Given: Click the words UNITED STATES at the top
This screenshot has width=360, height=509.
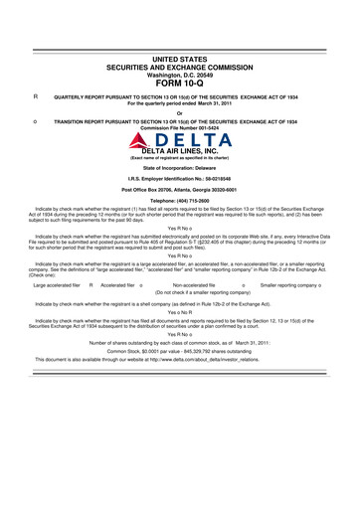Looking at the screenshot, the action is point(180,61).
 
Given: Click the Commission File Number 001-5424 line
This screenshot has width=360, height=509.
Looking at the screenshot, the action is point(180,129).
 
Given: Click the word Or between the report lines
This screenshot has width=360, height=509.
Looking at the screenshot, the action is point(180,111).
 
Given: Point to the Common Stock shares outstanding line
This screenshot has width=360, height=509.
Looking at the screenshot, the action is point(180,379).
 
